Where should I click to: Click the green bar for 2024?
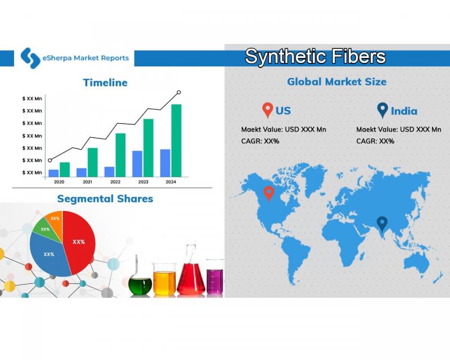click(x=176, y=141)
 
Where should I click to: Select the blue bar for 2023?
click(x=137, y=164)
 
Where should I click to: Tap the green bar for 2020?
click(x=65, y=169)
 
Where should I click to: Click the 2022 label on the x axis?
click(x=115, y=182)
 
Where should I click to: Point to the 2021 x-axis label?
click(x=88, y=182)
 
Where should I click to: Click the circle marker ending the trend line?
click(x=179, y=92)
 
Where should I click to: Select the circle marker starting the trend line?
click(x=50, y=160)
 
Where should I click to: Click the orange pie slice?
click(x=55, y=221)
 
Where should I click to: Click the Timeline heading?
click(x=105, y=83)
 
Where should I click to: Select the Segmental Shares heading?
click(x=105, y=199)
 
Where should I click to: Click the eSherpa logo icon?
click(x=30, y=58)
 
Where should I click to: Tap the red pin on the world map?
click(x=269, y=193)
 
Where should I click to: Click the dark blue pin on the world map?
click(x=382, y=224)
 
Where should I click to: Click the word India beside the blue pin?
click(x=404, y=111)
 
